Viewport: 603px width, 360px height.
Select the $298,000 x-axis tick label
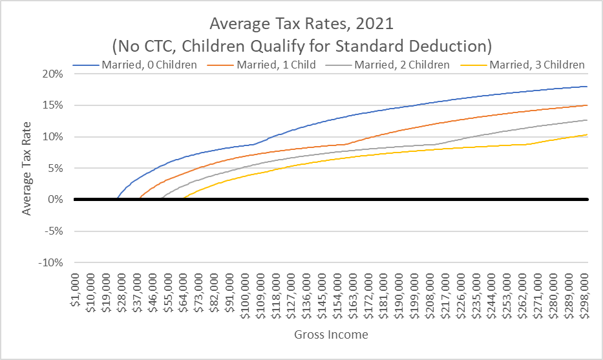click(x=584, y=297)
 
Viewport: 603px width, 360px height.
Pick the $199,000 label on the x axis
click(x=414, y=297)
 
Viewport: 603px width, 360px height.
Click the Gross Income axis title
click(x=331, y=335)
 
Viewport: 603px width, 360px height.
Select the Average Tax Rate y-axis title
click(x=27, y=168)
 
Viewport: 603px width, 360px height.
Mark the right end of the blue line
click(x=587, y=87)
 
